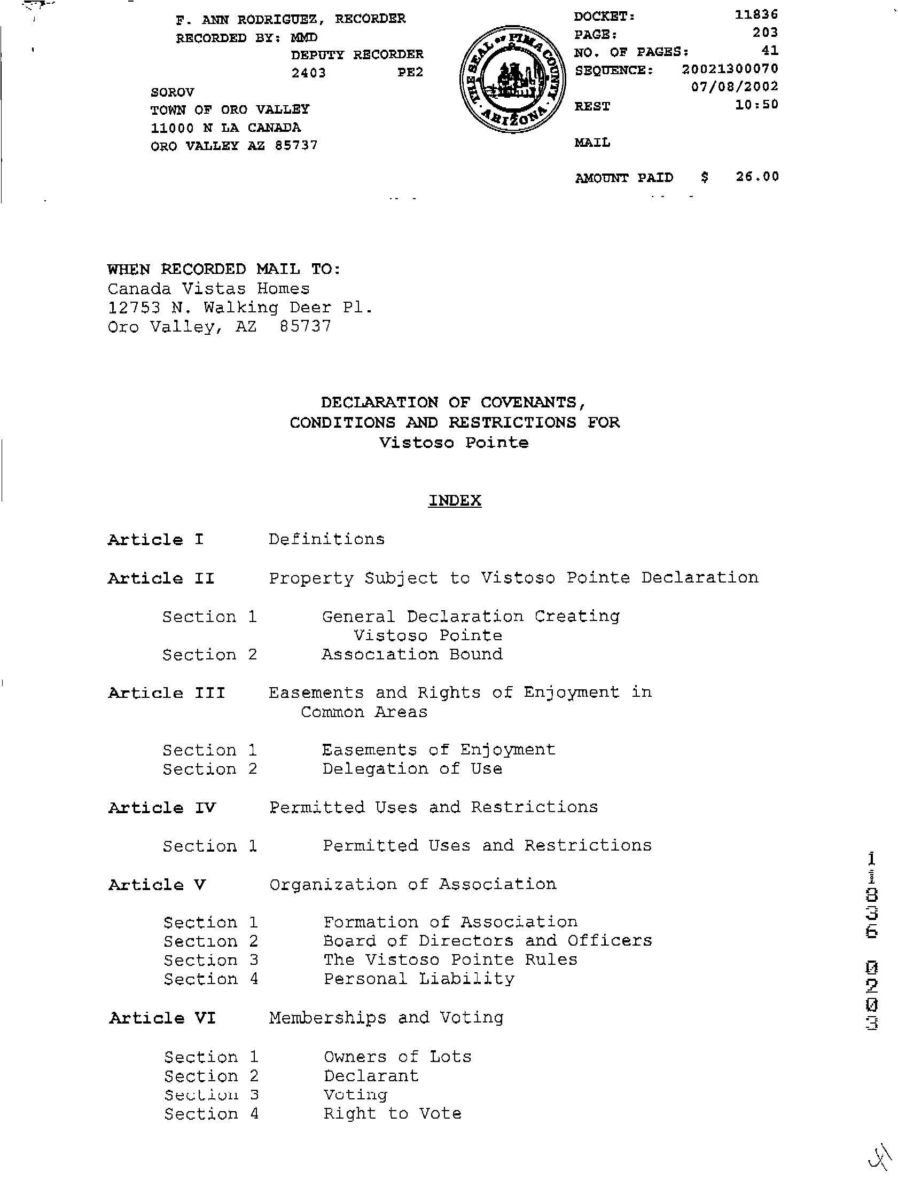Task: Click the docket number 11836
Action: pos(756,14)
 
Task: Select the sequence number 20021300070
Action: pos(730,69)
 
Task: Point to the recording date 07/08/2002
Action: pos(735,86)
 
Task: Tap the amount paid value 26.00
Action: pos(757,176)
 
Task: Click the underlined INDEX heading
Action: pos(455,500)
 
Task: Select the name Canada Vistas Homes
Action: pos(208,289)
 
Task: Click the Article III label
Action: pos(167,693)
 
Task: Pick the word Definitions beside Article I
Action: pos(326,539)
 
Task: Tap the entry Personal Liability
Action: pos(418,979)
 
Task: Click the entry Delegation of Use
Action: pos(411,769)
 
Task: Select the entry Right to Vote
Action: pos(392,1113)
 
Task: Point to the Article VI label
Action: pos(162,1018)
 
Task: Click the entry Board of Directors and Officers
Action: pos(488,940)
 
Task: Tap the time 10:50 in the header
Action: pos(756,105)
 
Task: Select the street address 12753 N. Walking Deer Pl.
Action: pos(240,308)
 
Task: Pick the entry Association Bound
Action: pos(411,655)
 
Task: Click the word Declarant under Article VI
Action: pos(371,1075)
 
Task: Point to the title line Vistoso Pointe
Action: pos(454,443)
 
